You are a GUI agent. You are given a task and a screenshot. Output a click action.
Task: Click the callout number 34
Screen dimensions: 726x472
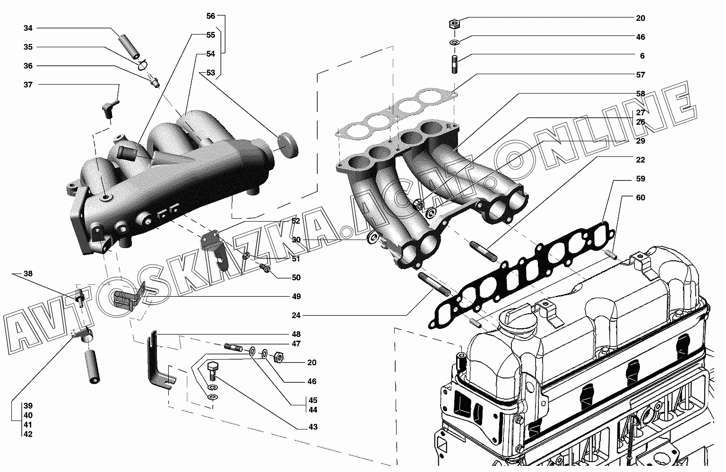coord(28,28)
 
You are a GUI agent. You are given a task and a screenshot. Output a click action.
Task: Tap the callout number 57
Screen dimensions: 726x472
coord(640,75)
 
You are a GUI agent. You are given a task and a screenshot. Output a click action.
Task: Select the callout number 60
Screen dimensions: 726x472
coord(640,197)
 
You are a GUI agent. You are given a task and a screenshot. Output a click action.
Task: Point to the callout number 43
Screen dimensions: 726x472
coord(313,427)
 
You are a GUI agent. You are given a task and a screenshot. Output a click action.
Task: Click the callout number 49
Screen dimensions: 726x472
coord(296,296)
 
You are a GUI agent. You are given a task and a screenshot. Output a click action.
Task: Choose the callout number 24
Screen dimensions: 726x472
coord(296,315)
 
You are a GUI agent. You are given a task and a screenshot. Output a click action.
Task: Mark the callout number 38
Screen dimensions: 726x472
coord(28,274)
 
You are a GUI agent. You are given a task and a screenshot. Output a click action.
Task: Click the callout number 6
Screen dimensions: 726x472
coord(642,56)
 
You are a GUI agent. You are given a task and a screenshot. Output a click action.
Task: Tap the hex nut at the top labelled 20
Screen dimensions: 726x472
coord(454,24)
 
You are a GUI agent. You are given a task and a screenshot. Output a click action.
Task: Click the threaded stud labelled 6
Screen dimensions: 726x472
coord(454,65)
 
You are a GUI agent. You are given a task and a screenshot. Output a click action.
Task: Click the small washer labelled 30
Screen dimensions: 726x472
coord(373,238)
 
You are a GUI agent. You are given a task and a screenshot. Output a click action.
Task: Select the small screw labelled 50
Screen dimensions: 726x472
coord(265,268)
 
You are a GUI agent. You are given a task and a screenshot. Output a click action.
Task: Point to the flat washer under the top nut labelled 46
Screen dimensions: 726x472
coord(454,42)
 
